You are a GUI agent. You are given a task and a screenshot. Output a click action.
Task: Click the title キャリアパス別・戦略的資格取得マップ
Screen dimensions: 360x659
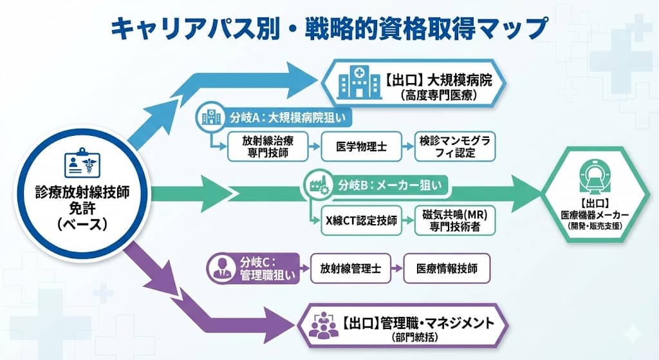coord(329,29)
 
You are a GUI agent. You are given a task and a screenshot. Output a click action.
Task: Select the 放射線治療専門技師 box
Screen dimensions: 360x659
coord(265,147)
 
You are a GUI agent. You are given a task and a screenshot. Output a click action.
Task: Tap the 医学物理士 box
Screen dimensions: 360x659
coord(361,147)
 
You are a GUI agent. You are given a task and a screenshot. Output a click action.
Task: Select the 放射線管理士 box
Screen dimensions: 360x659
coord(350,270)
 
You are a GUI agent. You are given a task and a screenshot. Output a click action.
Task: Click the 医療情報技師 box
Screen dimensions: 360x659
coord(447,270)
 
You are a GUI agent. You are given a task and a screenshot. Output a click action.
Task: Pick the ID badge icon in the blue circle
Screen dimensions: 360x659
coord(82,164)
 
